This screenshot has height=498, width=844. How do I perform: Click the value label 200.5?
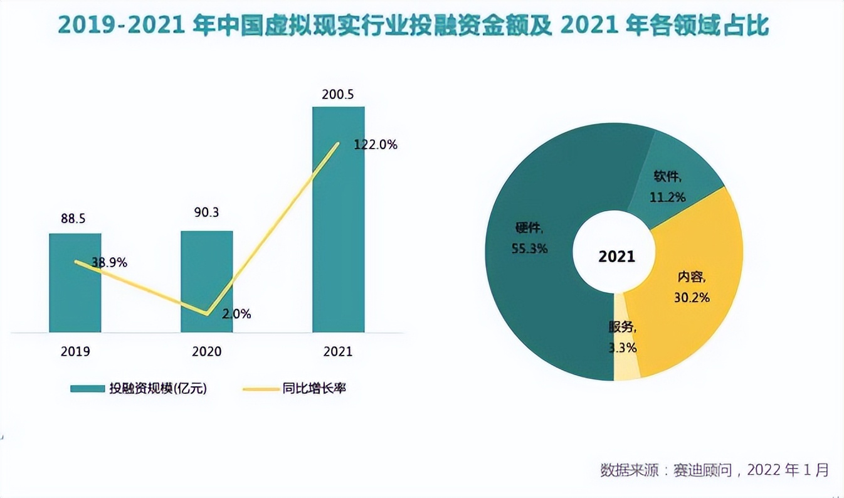pos(338,95)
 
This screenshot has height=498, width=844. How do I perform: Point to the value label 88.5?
pos(73,219)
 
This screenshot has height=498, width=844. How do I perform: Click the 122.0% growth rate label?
pos(375,145)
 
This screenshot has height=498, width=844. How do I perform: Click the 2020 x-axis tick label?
pos(206,351)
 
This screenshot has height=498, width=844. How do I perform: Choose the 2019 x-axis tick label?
pos(75,351)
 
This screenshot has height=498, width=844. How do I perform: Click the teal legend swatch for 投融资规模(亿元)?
pos(87,389)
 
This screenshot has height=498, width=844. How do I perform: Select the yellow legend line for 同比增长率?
pos(260,389)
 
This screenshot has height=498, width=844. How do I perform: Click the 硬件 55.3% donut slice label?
pos(529,238)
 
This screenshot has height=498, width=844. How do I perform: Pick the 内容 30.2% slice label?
pos(692,287)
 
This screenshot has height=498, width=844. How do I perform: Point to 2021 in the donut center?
pos(616,257)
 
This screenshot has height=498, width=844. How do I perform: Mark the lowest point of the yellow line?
pos(206,314)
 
